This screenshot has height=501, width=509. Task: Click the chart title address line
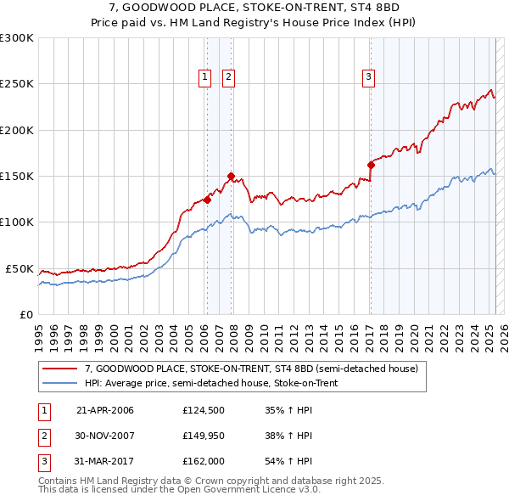[x=255, y=7]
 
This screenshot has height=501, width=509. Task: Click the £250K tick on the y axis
[x=17, y=84]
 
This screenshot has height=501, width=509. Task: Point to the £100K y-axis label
[x=17, y=222]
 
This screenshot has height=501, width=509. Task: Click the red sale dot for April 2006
[x=207, y=200]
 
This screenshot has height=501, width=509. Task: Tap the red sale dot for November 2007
[x=231, y=177]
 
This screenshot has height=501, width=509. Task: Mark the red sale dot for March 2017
[x=371, y=166]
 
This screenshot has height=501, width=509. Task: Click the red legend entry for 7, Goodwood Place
[x=251, y=369]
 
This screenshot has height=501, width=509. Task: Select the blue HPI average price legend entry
[x=211, y=384]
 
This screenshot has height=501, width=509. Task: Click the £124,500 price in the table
[x=203, y=411]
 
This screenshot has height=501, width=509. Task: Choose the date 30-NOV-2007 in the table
[x=105, y=436]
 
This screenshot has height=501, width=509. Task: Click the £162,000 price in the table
[x=203, y=460]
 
